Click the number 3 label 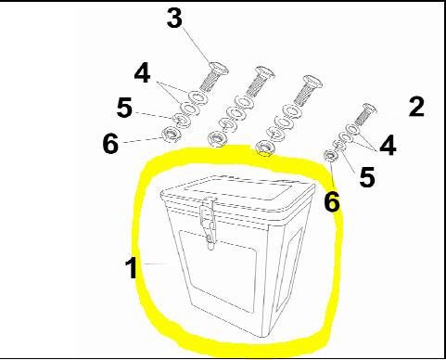click(x=175, y=19)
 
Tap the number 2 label click(x=416, y=106)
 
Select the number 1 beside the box click(x=132, y=268)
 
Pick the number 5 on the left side click(x=124, y=108)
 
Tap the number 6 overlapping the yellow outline click(x=332, y=200)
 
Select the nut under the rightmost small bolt click(x=329, y=154)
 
